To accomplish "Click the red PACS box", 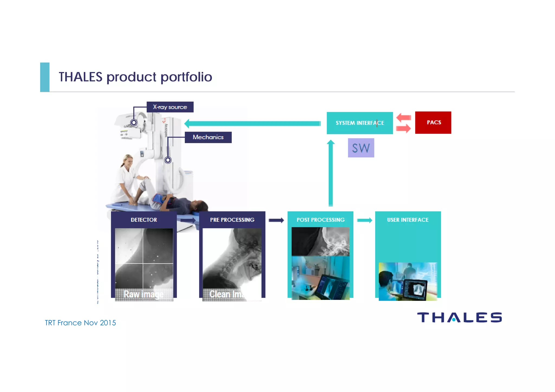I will [x=433, y=122].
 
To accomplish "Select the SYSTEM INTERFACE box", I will [x=360, y=123].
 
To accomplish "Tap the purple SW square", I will [x=361, y=148].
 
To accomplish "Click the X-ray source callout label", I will [x=170, y=107].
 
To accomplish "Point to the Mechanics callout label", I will [x=208, y=137].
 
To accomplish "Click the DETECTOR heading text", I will [x=144, y=220].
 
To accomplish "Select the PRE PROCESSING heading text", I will [x=232, y=220].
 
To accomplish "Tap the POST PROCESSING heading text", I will [x=321, y=220].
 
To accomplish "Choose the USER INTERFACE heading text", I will [x=408, y=220].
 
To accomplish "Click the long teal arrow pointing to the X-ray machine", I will [x=252, y=124].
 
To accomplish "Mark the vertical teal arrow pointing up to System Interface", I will [x=331, y=173].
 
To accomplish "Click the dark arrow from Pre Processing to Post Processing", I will [x=276, y=220].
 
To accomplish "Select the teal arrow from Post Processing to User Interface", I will [x=364, y=220].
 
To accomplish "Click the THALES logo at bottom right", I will [x=459, y=318].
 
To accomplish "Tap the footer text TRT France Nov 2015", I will [x=80, y=323].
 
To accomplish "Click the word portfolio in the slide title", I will [x=186, y=77].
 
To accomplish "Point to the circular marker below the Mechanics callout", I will [x=168, y=160].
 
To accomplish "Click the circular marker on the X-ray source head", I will [x=134, y=122].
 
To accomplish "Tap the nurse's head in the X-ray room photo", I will [x=128, y=160].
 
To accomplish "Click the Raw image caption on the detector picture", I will [x=144, y=294].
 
